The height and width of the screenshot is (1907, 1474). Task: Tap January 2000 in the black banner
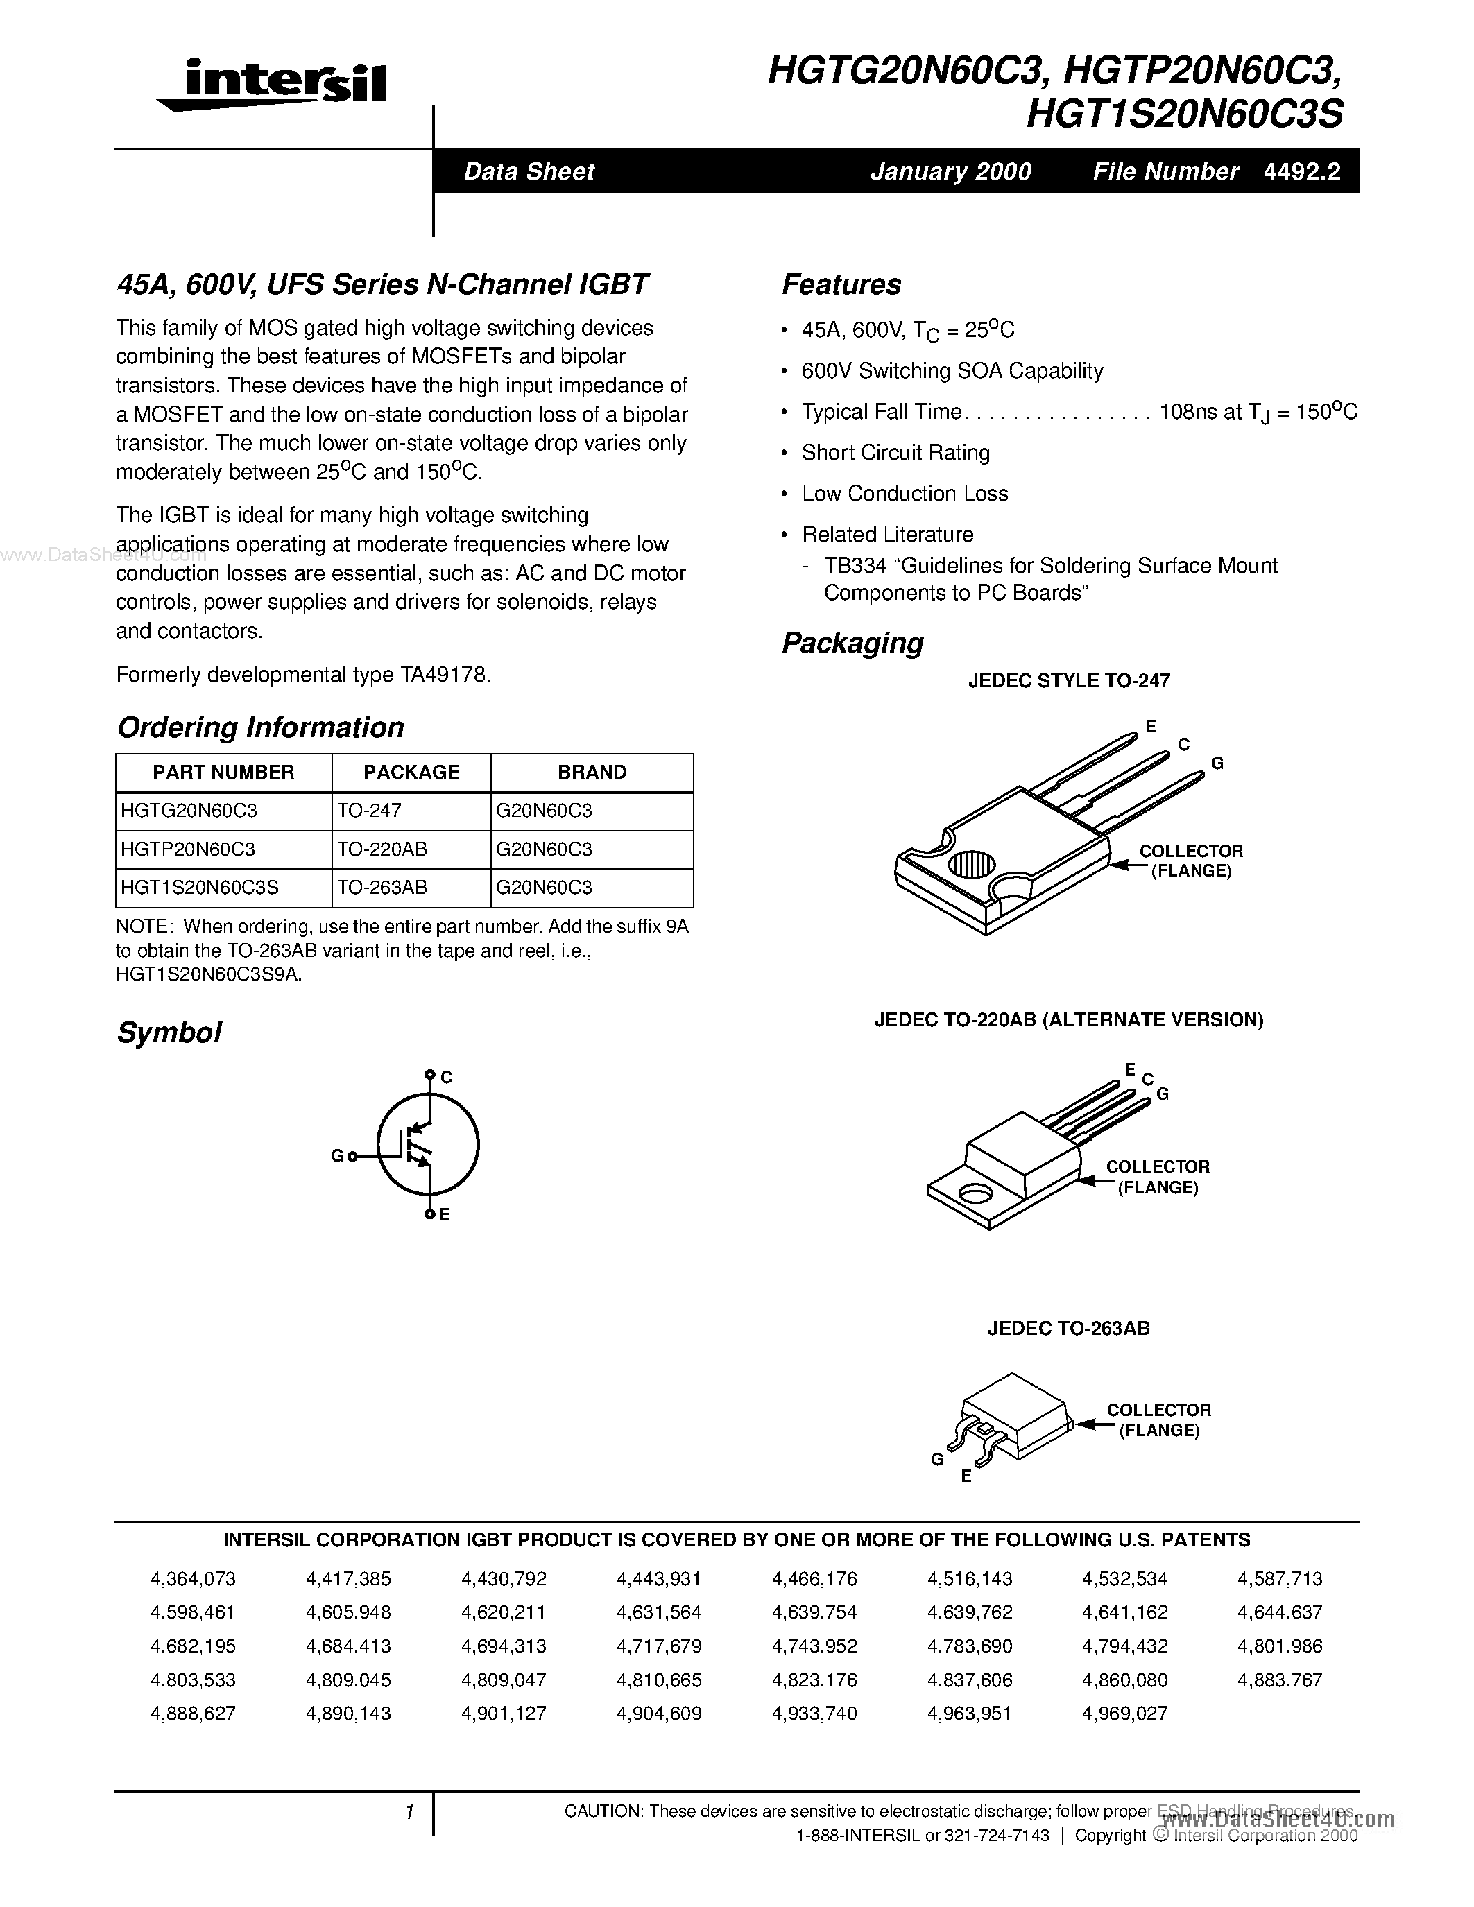(951, 171)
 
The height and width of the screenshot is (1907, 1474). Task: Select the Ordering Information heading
(260, 727)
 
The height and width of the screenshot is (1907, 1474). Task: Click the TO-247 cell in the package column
(370, 810)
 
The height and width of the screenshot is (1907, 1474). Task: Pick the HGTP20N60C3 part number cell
(188, 849)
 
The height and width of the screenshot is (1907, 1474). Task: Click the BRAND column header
(592, 772)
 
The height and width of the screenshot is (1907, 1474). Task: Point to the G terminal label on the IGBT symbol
(337, 1156)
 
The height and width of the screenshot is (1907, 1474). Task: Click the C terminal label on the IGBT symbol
(446, 1078)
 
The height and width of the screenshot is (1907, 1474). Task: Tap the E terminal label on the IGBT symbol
(445, 1214)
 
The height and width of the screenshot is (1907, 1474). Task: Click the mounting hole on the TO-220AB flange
(971, 1193)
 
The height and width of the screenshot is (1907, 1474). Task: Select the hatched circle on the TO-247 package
(972, 865)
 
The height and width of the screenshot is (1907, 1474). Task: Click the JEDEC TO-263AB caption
(1069, 1328)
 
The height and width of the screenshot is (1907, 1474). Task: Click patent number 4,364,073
(193, 1579)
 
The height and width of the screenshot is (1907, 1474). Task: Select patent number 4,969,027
(1124, 1713)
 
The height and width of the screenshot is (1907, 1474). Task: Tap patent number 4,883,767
(1280, 1680)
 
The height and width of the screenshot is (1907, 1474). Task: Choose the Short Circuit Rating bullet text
(896, 452)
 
